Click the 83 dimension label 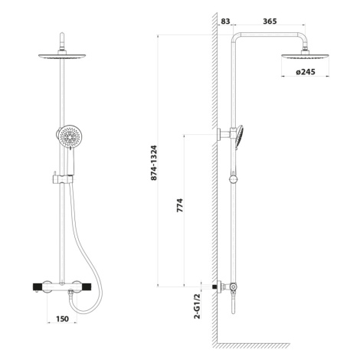pos(225,21)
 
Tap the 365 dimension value pos(270,21)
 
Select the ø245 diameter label pos(306,72)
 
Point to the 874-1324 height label pos(154,163)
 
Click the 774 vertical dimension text pos(180,205)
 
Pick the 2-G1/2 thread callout pos(197,306)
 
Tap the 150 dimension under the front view pos(62,319)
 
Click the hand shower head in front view pos(69,136)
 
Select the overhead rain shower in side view pos(305,57)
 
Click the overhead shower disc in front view pos(62,56)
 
